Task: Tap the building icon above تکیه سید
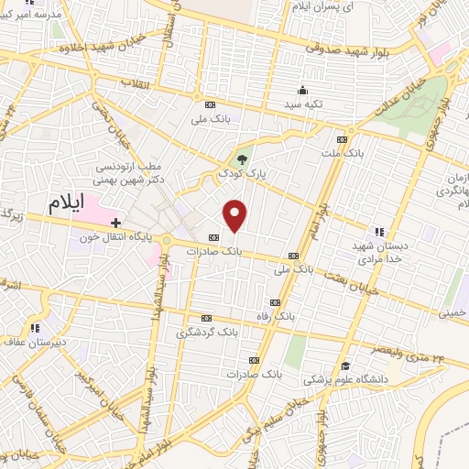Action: [x=303, y=90]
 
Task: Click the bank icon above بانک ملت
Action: [x=342, y=139]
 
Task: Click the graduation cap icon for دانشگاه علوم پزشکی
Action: [x=344, y=365]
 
